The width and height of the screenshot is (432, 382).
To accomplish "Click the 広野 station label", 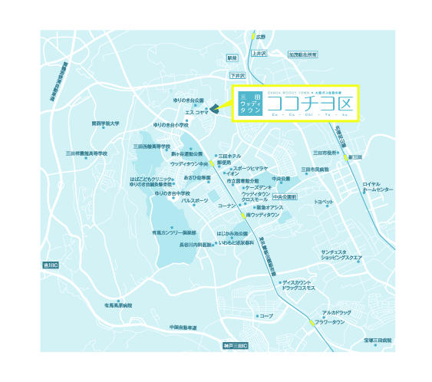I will [261, 36].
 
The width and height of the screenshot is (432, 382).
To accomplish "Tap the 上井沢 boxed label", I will [257, 54].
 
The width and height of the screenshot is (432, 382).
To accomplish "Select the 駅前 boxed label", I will [232, 58].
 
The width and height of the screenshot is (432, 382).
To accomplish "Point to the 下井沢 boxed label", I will [238, 76].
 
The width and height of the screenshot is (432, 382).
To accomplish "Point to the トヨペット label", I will [324, 202].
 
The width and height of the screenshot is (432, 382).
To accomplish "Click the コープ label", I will [266, 315].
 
